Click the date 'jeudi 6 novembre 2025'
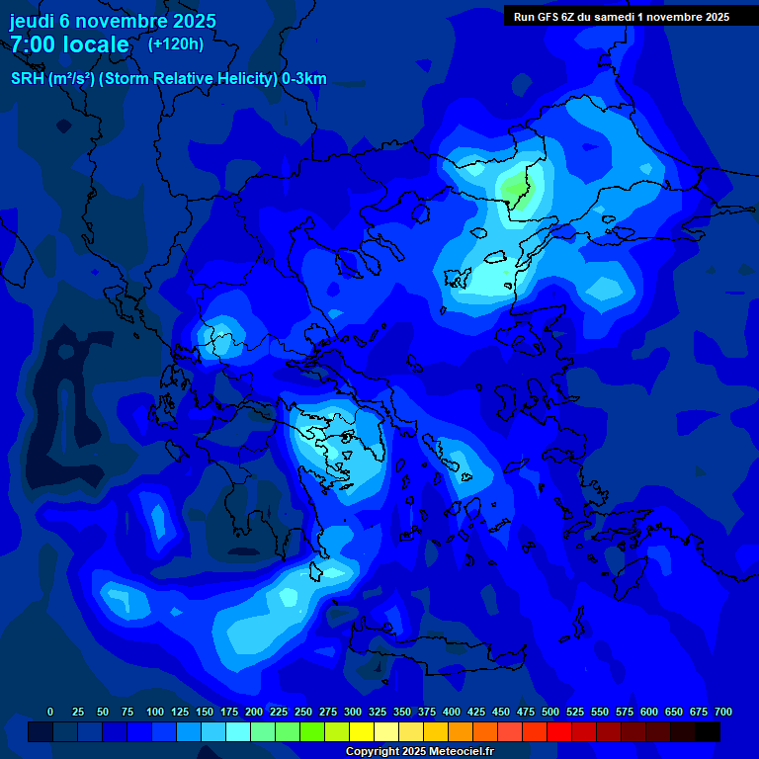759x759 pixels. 113,21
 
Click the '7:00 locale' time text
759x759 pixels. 69,44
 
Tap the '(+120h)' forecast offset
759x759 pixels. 176,43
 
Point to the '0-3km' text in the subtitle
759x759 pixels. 304,79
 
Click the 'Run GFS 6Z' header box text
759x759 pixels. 547,17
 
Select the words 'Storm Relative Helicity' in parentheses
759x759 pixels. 194,79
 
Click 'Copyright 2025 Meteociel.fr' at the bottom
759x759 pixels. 419,752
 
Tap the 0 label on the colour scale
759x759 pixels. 50,712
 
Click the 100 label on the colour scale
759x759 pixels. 155,712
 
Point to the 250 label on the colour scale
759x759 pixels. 303,712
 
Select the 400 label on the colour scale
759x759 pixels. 452,712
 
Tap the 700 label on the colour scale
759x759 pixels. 723,712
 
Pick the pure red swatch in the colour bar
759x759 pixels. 559,731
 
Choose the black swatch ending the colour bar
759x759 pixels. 708,731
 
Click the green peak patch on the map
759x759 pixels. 516,186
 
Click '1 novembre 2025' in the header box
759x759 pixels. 682,17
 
